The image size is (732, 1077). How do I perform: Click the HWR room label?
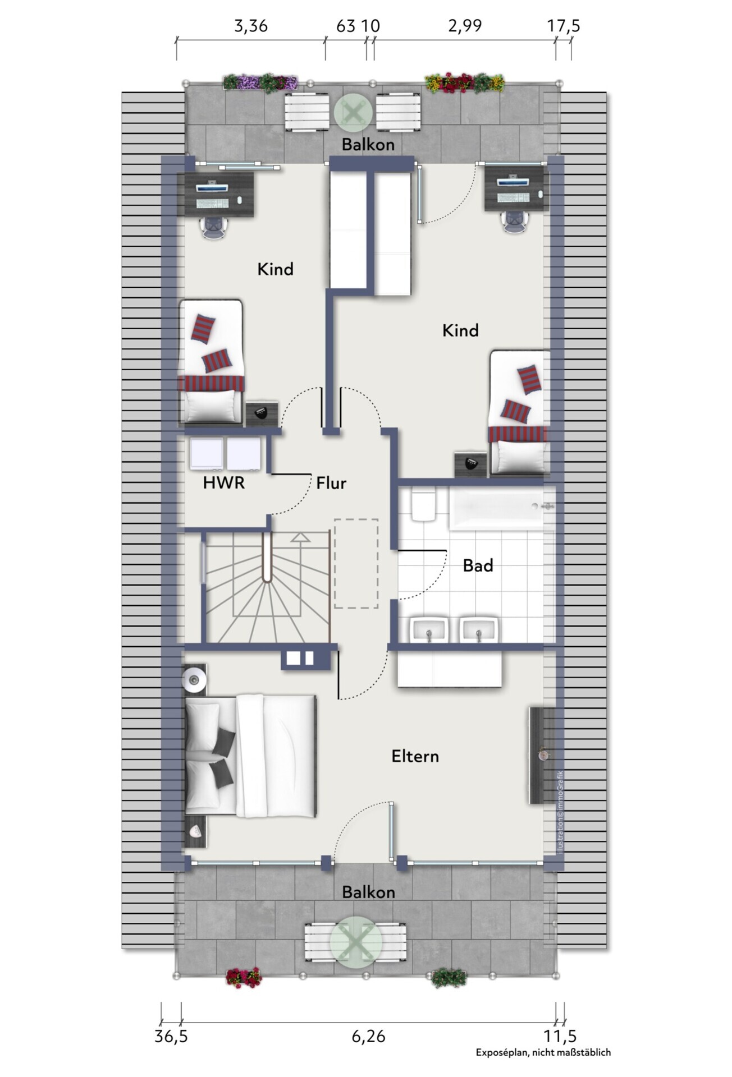(224, 482)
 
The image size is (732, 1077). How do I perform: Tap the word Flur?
(331, 483)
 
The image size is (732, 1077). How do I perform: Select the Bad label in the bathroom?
(478, 565)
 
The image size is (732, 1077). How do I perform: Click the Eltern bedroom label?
(415, 756)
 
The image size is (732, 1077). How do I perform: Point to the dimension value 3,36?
(251, 26)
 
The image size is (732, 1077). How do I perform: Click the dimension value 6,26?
(369, 1036)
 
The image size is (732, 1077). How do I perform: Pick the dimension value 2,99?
(465, 26)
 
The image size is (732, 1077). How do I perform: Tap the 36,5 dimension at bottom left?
(171, 1036)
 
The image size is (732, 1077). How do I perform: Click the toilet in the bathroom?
(423, 504)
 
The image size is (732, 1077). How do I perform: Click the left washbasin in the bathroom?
(429, 630)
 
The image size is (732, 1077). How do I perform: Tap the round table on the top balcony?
(353, 113)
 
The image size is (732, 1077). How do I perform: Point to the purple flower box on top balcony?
(260, 82)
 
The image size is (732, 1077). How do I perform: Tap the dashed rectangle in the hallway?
(356, 564)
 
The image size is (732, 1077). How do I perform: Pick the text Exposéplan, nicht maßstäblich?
(543, 1053)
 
